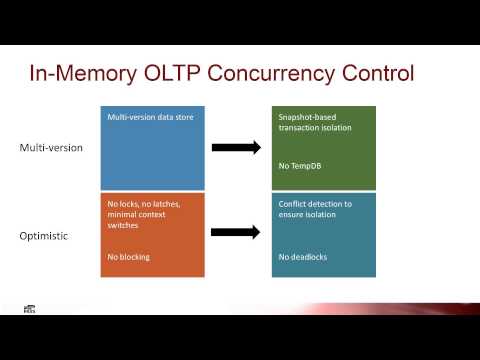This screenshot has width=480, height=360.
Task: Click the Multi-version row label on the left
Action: pyautogui.click(x=51, y=147)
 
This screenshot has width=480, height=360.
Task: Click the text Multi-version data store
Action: pyautogui.click(x=151, y=117)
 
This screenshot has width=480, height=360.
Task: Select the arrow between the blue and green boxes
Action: pyautogui.click(x=236, y=147)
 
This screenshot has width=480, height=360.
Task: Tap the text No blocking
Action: pyautogui.click(x=129, y=257)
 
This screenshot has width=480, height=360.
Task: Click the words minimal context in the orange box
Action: pyautogui.click(x=139, y=215)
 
